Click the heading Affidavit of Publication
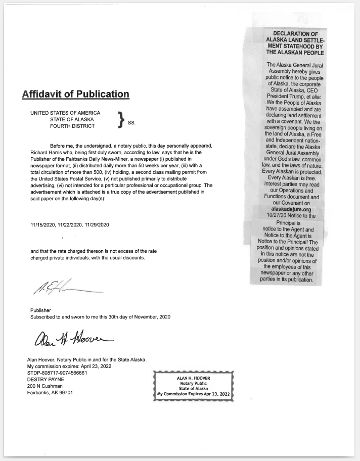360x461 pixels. point(75,94)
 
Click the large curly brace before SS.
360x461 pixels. point(120,119)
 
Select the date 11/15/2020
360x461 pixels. point(44,224)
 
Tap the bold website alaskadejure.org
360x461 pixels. point(287,209)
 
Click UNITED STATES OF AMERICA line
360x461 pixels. point(65,112)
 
